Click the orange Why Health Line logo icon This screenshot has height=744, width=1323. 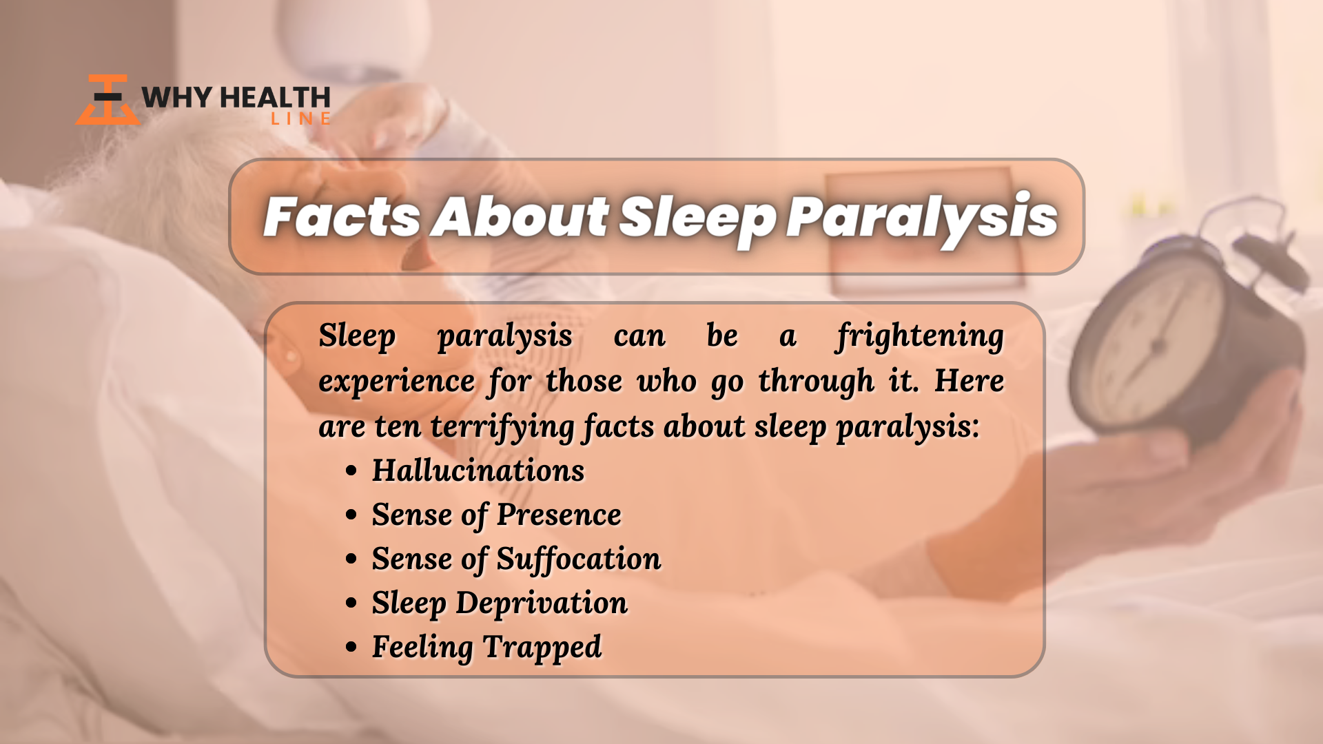pos(107,100)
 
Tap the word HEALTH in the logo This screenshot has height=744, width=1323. pos(275,97)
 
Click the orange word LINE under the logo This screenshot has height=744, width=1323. pos(300,118)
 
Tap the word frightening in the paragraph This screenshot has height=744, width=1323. pos(920,338)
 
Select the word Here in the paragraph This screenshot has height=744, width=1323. pos(970,381)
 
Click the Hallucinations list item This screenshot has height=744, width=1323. pos(478,471)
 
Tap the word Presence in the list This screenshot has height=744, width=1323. pos(559,515)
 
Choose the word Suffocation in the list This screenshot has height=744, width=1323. pos(579,559)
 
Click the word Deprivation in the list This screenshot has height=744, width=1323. pos(542,603)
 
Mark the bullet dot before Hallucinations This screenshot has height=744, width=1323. pos(352,471)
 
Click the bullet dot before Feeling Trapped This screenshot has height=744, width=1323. pos(352,648)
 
